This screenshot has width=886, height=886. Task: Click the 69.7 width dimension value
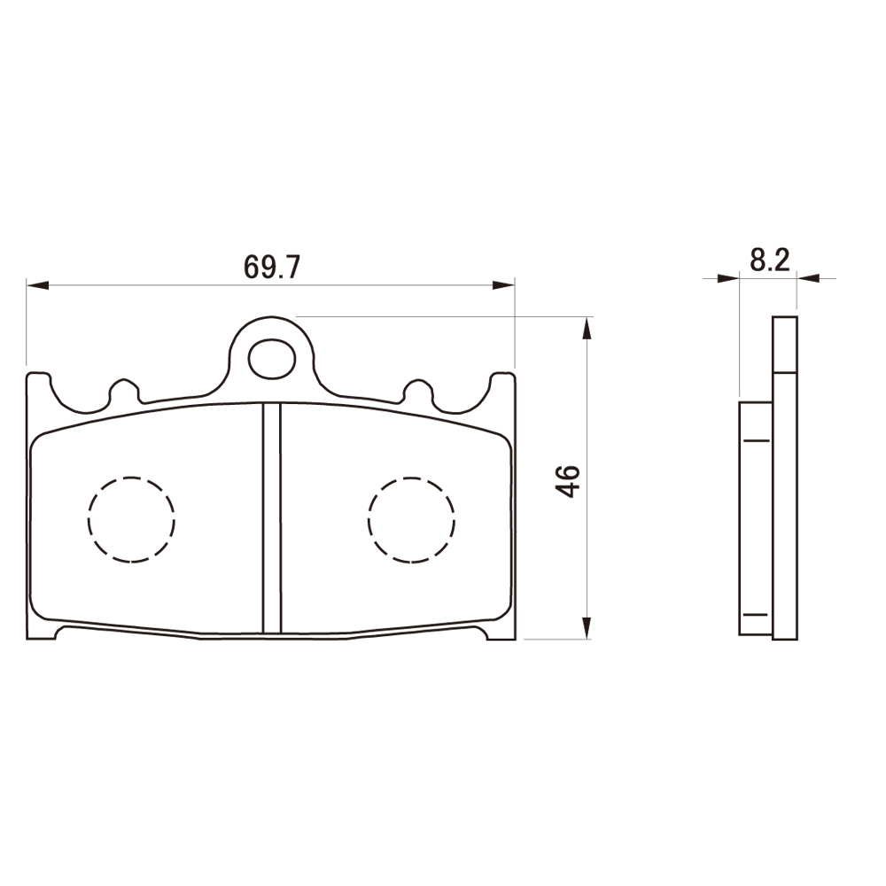click(x=271, y=267)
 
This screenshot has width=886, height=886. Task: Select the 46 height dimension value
click(x=567, y=481)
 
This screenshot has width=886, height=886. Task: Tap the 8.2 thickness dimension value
click(x=770, y=260)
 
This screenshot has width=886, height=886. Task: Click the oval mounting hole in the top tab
click(x=272, y=359)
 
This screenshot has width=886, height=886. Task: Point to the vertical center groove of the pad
click(x=272, y=518)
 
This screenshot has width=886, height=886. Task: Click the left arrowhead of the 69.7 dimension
click(x=37, y=284)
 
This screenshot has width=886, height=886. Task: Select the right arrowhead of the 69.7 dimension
click(x=503, y=284)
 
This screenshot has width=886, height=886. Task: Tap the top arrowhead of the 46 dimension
click(x=587, y=329)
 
